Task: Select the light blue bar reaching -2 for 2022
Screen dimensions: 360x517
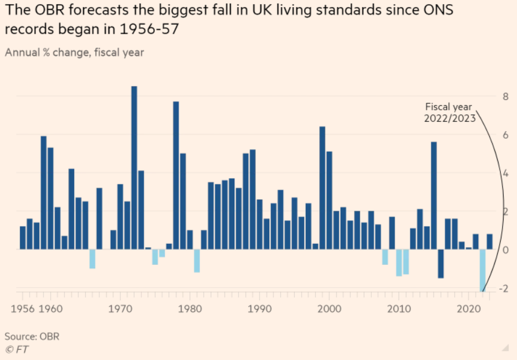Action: [483, 270]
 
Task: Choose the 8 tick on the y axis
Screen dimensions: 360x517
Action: [505, 96]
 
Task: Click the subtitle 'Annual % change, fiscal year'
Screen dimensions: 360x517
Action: [74, 52]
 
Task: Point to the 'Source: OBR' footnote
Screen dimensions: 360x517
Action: [32, 337]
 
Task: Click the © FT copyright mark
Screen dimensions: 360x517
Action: [17, 349]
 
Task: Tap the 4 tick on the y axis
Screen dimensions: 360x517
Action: [505, 173]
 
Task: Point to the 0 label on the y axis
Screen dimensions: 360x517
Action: [505, 250]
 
